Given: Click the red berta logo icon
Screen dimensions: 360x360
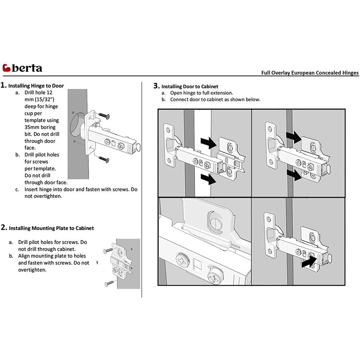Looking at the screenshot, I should pos(7,68).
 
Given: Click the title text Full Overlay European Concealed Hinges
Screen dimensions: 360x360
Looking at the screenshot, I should pos(310,72).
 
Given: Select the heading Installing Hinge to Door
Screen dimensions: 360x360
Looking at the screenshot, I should pos(36,85).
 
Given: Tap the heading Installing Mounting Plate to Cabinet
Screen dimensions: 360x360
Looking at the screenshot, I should pos(51,228).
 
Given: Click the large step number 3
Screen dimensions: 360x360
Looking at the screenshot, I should pos(156,85).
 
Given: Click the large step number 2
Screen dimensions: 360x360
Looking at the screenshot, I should pos(4,228).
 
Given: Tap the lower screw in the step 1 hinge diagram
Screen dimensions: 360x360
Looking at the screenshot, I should pos(103,158).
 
